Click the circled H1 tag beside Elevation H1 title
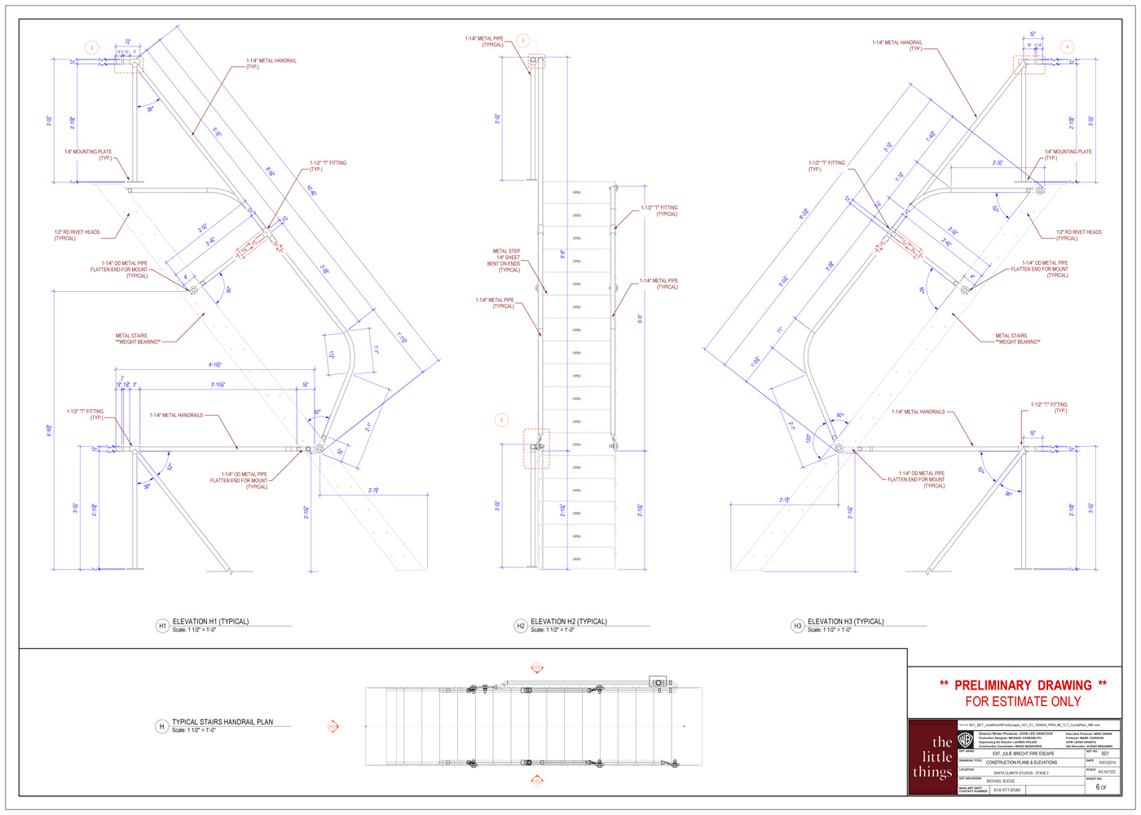(x=162, y=626)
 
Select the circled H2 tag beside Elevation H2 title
(x=521, y=626)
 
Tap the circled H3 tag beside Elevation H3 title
(x=798, y=626)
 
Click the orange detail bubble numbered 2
(x=92, y=48)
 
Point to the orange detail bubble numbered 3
(x=523, y=40)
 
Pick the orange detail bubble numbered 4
(x=1067, y=47)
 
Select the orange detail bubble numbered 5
(x=501, y=420)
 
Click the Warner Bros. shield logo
(x=965, y=740)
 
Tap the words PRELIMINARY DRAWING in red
(x=1023, y=685)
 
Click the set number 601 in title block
(x=1105, y=754)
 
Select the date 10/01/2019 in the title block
(x=1106, y=763)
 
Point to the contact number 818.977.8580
(x=1007, y=790)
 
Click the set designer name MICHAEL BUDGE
(x=1001, y=781)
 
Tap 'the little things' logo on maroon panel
(x=932, y=757)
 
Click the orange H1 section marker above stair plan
(x=537, y=668)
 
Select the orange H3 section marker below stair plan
(x=537, y=781)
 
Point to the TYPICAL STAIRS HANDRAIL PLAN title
(x=222, y=722)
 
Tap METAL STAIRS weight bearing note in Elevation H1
(x=138, y=338)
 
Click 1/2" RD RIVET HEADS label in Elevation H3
(x=1078, y=235)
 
